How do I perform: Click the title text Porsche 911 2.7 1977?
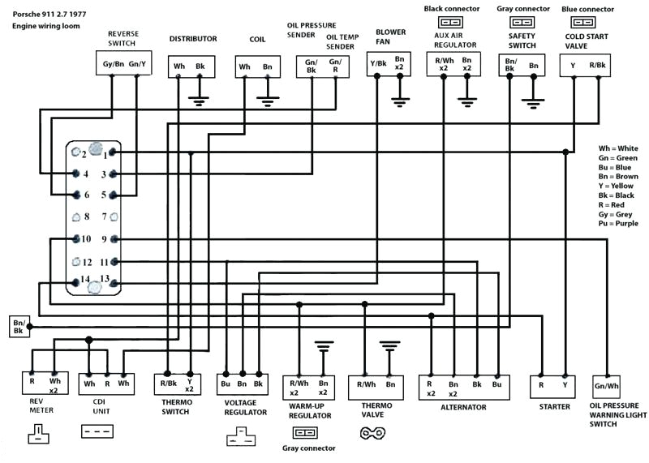(x=49, y=12)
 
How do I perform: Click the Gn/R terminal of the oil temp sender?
(x=334, y=66)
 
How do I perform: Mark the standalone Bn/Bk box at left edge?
(x=19, y=327)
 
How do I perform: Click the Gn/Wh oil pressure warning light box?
(x=606, y=385)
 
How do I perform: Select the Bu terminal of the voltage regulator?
(x=226, y=383)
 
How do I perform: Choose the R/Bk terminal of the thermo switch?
(x=168, y=383)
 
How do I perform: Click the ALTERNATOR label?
(x=462, y=407)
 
